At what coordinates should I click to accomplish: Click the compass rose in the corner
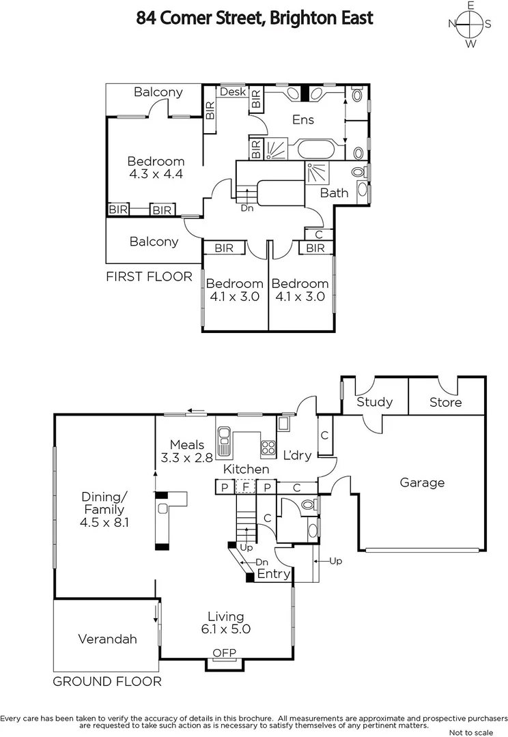470,25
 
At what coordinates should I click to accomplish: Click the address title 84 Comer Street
255,18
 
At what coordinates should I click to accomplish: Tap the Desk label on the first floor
233,91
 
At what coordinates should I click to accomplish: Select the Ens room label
303,119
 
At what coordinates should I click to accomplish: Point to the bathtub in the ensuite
314,149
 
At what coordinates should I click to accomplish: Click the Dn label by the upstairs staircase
247,208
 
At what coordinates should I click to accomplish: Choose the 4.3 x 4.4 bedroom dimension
156,174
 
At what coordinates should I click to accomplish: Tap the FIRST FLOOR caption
149,276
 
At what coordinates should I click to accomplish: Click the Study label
374,402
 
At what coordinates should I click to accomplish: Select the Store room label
445,402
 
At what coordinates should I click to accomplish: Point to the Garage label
422,482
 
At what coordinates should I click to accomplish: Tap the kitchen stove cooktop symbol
268,448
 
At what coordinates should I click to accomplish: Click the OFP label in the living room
224,653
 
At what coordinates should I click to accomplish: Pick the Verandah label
107,639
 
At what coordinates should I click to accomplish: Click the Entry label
274,574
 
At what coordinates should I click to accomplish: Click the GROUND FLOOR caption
107,681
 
